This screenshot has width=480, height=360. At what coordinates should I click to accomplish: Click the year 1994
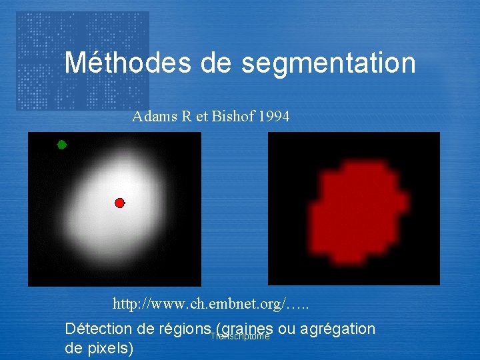pyautogui.click(x=273, y=117)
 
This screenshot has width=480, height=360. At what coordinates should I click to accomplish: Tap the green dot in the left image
pyautogui.click(x=61, y=145)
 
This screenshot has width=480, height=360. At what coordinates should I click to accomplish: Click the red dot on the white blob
pyautogui.click(x=119, y=203)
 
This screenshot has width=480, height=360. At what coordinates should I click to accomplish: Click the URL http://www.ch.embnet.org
pyautogui.click(x=210, y=305)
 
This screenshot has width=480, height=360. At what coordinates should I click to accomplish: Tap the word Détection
pyautogui.click(x=97, y=329)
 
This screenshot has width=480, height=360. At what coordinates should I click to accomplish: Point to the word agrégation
pyautogui.click(x=338, y=329)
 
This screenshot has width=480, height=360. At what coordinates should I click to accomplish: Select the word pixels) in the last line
pyautogui.click(x=111, y=348)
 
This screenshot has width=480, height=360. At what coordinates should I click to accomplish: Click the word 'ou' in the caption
pyautogui.click(x=287, y=329)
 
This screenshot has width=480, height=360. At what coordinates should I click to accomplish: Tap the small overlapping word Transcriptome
pyautogui.click(x=240, y=337)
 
